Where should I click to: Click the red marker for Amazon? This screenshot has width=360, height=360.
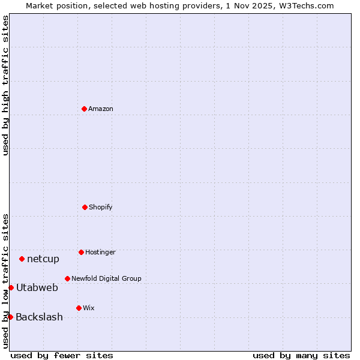tap(85, 109)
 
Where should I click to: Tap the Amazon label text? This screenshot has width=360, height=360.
tap(101, 109)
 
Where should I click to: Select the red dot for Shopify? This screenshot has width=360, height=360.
tap(85, 207)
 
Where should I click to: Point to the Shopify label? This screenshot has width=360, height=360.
tap(101, 208)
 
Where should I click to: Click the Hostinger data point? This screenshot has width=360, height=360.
tap(81, 252)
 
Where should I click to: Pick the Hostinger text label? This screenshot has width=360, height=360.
tap(100, 253)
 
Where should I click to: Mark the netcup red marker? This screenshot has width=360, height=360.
tap(22, 259)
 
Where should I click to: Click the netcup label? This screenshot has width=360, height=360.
tap(43, 259)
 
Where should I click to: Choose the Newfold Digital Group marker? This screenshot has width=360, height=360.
tap(67, 278)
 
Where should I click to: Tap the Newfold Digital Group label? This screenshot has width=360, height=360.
tap(106, 279)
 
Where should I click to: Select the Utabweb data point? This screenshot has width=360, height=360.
tap(11, 287)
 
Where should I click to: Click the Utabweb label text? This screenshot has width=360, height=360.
tap(37, 288)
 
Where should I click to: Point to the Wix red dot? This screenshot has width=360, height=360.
tap(79, 308)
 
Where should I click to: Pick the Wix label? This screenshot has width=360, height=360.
tap(89, 308)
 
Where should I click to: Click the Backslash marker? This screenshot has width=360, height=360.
tap(10, 317)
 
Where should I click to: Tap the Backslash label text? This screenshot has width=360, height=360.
tap(39, 317)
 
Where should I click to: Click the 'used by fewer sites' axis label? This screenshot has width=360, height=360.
tap(62, 355)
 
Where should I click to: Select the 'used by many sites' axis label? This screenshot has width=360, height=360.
tap(301, 355)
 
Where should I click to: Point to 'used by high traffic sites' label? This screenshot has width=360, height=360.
tap(5, 85)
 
